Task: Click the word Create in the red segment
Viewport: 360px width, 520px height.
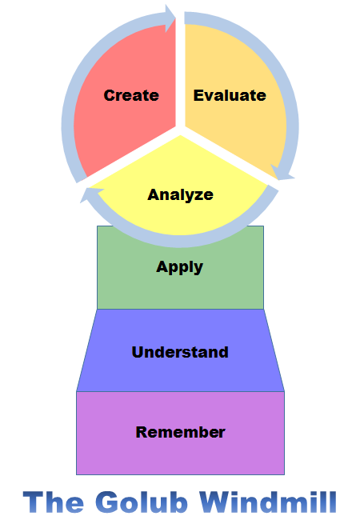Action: coord(131,95)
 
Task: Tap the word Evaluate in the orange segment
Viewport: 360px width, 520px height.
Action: coord(230,95)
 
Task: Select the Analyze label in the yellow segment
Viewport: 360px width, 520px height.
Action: coord(180,195)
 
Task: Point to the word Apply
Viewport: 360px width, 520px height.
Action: coord(180,267)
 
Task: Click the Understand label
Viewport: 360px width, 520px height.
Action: coord(180,352)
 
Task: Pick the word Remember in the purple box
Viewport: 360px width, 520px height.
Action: coord(180,432)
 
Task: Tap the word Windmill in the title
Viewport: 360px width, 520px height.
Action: coord(268,502)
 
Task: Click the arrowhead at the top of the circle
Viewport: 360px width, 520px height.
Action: coord(170,18)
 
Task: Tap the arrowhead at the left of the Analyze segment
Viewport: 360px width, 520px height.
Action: coord(91,195)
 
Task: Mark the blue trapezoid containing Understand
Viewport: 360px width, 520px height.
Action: coord(180,350)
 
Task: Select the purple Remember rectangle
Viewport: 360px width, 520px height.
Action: coord(180,433)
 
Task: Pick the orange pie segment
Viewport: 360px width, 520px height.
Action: coord(232,99)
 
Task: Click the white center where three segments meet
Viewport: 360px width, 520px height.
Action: coord(180,130)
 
